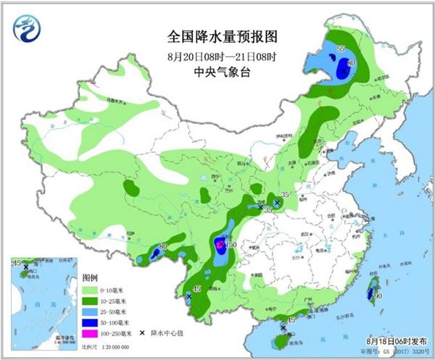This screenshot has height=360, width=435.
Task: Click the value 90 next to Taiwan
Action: [378, 296]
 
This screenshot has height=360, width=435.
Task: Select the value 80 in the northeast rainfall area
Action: [351, 64]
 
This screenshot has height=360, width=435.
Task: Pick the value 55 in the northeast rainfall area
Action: [341, 48]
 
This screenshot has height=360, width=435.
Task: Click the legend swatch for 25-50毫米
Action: [91, 311]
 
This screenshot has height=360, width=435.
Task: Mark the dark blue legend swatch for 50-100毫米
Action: [91, 322]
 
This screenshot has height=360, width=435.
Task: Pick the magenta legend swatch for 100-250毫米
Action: [91, 332]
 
